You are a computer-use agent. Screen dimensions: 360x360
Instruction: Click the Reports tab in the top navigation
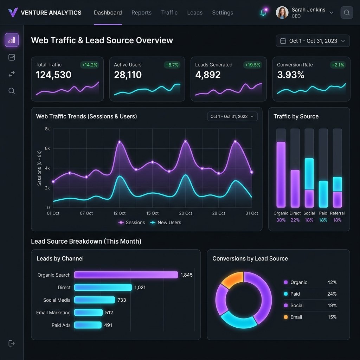141,13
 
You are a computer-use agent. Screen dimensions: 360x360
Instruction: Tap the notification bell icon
263,13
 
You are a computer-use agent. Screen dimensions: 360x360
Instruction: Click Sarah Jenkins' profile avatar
282,13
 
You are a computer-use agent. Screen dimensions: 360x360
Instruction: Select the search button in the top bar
347,13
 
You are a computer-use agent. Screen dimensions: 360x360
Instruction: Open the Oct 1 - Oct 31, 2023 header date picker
313,41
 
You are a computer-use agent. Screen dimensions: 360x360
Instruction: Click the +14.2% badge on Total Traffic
90,65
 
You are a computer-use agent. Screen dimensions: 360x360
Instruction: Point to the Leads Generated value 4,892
208,75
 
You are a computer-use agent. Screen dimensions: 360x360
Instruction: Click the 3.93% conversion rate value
290,75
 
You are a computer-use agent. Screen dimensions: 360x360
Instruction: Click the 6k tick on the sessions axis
47,148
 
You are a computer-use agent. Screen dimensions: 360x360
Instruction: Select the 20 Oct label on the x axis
186,213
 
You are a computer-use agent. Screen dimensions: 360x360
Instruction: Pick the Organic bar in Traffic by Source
281,174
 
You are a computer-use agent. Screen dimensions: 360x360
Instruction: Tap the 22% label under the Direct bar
295,220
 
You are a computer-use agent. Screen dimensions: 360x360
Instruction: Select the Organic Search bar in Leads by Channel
126,275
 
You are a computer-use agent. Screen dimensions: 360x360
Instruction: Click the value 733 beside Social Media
122,300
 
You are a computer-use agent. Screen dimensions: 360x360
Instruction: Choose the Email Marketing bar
88,313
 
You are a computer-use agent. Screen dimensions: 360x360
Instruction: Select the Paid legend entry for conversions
295,294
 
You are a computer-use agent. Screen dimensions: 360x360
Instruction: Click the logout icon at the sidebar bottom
12,343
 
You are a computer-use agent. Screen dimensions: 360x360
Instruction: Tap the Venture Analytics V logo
13,13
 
